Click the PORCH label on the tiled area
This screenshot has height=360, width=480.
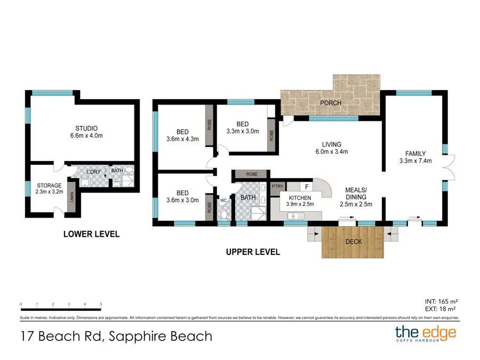pos(331,103)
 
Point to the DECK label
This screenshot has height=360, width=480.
pos(354,242)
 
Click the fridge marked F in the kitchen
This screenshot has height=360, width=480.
pos(307,187)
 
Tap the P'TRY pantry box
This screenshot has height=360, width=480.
pos(277,187)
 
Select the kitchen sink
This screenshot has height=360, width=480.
pos(294,215)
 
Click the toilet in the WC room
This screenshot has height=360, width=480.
pos(224,214)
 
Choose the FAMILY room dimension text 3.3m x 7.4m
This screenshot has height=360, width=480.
pos(415,161)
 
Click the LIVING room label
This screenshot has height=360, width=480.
pos(331,145)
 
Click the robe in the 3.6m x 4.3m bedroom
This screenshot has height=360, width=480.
pos(209,124)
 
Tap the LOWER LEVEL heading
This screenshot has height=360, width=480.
pos(91,234)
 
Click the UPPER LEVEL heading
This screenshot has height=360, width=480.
pos(252,252)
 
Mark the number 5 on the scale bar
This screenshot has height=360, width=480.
pos(101,304)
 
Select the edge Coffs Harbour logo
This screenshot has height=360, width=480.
pos(426,334)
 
